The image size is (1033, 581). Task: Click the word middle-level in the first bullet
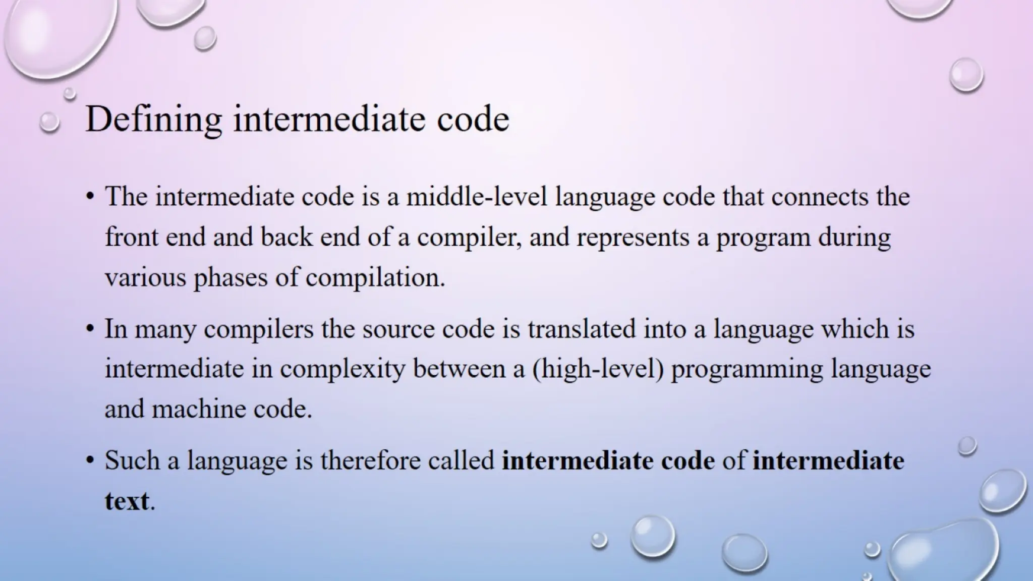pos(477,196)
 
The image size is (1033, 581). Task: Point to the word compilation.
pos(375,277)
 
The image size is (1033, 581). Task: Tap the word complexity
pos(342,369)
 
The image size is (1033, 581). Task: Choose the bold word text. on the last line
pos(129,501)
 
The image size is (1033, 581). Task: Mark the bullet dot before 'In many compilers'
pos(90,329)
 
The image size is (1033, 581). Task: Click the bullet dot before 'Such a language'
pos(90,461)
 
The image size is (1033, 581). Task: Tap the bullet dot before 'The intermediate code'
pos(90,197)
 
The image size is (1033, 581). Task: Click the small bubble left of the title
pos(49,122)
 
